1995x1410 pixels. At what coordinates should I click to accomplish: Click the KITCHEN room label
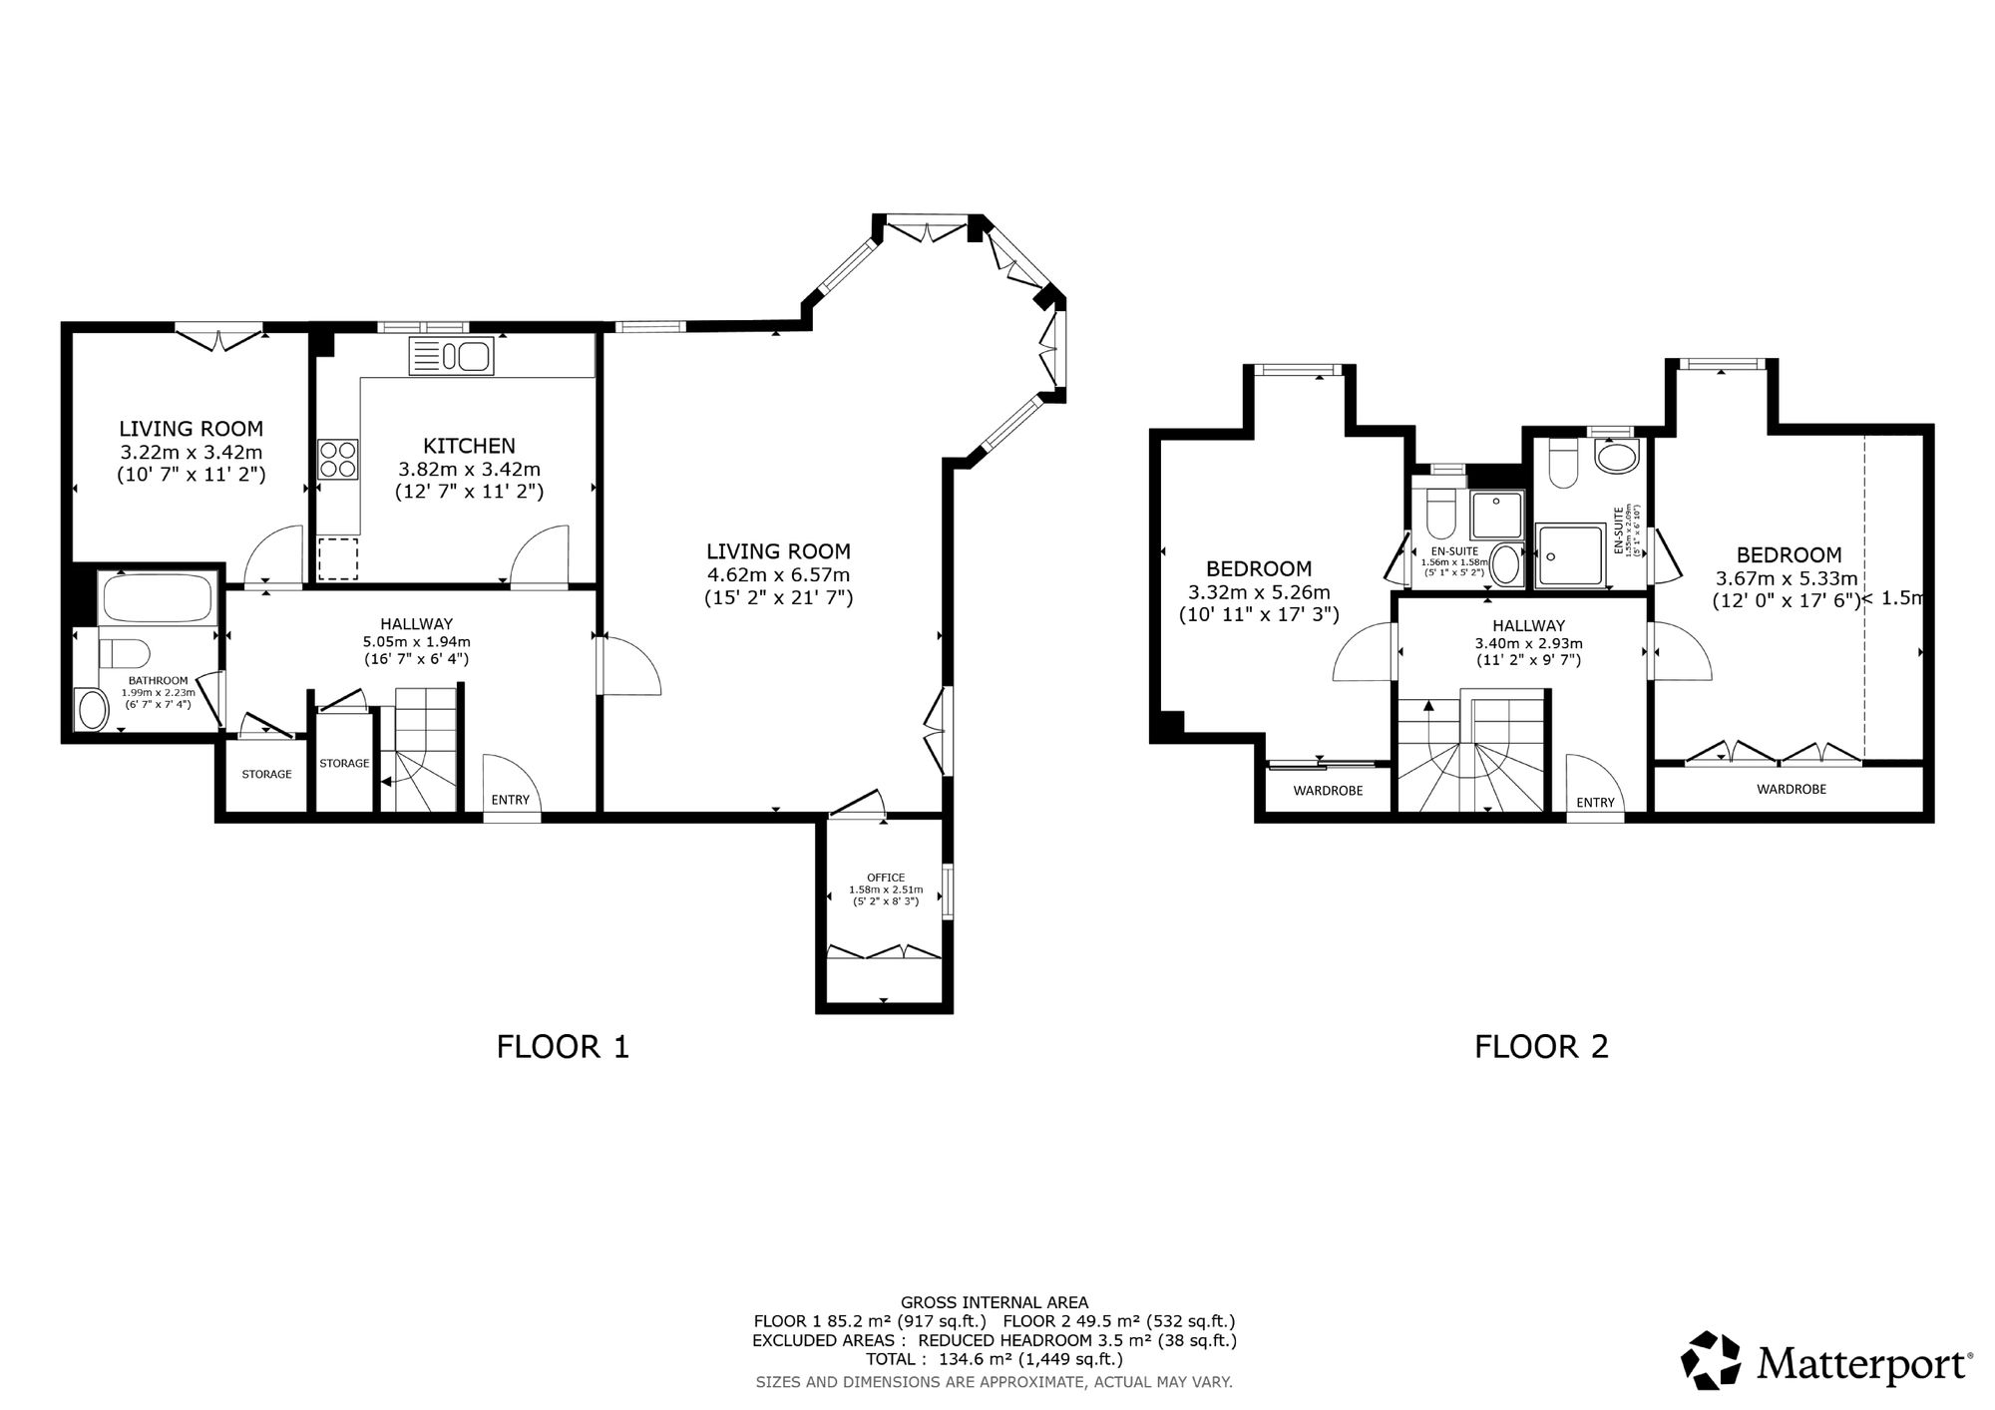(469, 446)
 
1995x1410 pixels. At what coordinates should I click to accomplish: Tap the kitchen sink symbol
(451, 357)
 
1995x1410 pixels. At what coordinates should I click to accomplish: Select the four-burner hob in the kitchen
(338, 461)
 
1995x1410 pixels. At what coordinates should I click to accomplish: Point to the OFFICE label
(886, 878)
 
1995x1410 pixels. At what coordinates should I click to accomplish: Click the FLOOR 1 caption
(564, 1047)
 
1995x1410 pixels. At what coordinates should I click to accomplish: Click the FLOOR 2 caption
(1542, 1047)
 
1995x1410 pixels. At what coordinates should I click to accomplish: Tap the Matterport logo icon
(1713, 1360)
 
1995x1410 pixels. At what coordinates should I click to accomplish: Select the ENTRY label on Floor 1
(511, 800)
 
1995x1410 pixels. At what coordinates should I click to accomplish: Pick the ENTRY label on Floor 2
(1595, 803)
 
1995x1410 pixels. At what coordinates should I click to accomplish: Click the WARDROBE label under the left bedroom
(1328, 791)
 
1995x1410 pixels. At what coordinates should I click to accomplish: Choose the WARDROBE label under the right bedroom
(1792, 789)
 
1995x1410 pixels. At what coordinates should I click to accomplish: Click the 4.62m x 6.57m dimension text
(778, 574)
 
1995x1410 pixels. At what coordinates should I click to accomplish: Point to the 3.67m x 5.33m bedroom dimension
(1787, 578)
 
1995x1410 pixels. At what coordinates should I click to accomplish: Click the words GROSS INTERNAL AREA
(995, 1302)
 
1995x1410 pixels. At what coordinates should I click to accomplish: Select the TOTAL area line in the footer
(995, 1359)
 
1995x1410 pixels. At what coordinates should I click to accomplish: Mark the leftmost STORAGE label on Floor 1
(266, 774)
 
